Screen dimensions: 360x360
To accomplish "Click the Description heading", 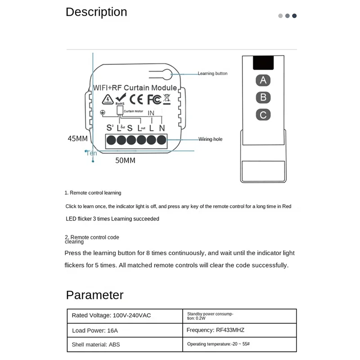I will [x=96, y=12].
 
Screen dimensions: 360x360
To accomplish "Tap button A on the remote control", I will [x=263, y=81].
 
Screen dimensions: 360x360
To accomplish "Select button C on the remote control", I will [x=263, y=115].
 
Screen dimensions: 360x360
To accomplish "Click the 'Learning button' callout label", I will [x=212, y=73].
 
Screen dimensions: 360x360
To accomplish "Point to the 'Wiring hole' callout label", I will [x=211, y=139].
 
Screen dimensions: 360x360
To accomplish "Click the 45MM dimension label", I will [x=77, y=139].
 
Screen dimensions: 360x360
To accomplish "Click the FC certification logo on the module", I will [x=153, y=99].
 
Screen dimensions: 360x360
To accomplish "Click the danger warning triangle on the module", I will [x=107, y=99].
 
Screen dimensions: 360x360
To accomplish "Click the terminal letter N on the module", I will [x=162, y=128].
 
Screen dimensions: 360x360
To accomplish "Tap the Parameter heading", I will [x=94, y=295].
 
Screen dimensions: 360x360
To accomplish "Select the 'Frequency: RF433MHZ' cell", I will [x=215, y=330].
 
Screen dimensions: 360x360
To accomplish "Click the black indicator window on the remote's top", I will [x=263, y=63].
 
